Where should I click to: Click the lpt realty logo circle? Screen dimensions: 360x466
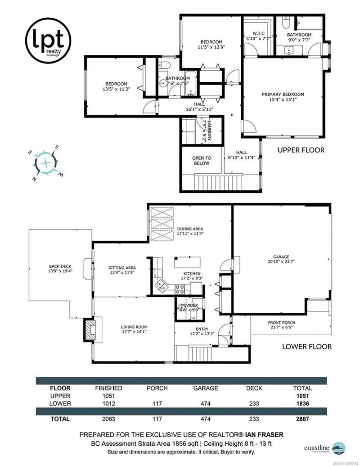pyautogui.click(x=48, y=40)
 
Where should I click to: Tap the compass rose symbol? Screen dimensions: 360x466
pyautogui.click(x=46, y=163)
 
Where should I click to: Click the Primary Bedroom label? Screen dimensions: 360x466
pyautogui.click(x=283, y=97)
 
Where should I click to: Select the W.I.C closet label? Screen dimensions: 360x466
pyautogui.click(x=258, y=36)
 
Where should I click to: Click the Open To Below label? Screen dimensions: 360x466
pyautogui.click(x=202, y=161)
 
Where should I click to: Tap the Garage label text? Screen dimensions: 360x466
pyautogui.click(x=281, y=259)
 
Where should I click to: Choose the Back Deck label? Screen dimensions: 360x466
pyautogui.click(x=60, y=269)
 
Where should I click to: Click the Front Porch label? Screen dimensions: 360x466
pyautogui.click(x=282, y=325)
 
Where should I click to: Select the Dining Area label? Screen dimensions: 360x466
pyautogui.click(x=190, y=231)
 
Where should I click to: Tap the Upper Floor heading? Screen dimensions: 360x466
pyautogui.click(x=301, y=150)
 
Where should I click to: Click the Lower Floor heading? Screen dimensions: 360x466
pyautogui.click(x=307, y=346)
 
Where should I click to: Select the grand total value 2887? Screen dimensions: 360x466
pyautogui.click(x=302, y=419)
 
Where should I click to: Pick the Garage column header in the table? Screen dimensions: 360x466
pyautogui.click(x=205, y=388)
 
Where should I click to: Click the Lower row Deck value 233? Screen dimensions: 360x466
pyautogui.click(x=254, y=403)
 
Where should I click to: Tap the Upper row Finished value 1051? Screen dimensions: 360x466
pyautogui.click(x=108, y=396)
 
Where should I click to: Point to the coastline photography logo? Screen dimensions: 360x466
pyautogui.click(x=324, y=448)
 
